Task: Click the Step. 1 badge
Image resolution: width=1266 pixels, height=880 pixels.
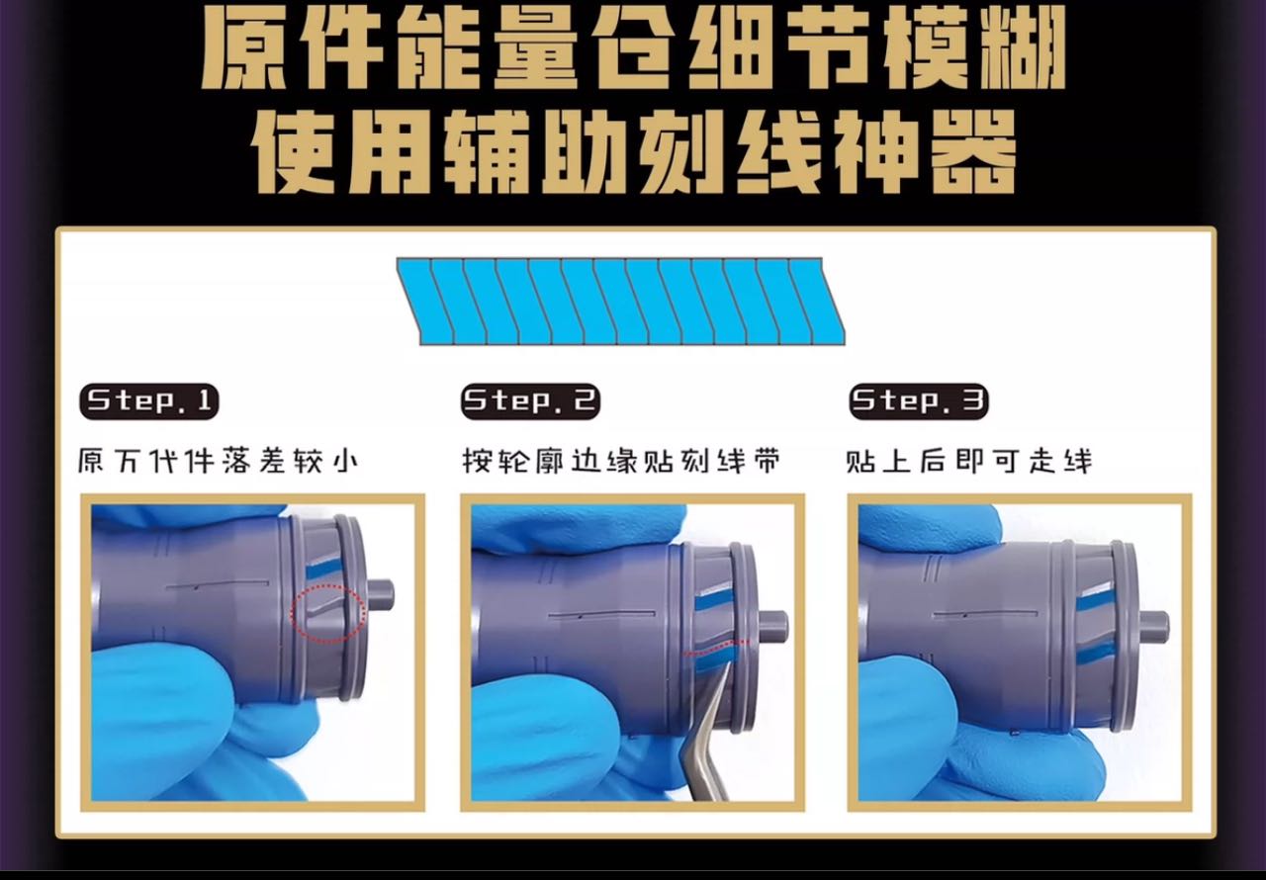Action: click(x=149, y=401)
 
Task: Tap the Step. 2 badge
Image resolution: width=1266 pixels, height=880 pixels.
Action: click(x=530, y=401)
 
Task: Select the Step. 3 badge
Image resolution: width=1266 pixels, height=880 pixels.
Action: click(x=919, y=401)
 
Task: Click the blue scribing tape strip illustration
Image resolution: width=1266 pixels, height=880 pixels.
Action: click(x=620, y=302)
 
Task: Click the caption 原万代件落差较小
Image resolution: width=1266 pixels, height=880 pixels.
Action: click(x=219, y=462)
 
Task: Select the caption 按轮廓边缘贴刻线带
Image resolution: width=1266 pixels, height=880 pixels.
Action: click(x=622, y=462)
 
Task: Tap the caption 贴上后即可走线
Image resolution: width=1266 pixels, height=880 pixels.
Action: click(x=968, y=462)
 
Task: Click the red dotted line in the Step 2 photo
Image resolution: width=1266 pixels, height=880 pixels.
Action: click(x=715, y=648)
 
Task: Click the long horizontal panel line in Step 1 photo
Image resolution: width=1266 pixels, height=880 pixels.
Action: click(x=217, y=584)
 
